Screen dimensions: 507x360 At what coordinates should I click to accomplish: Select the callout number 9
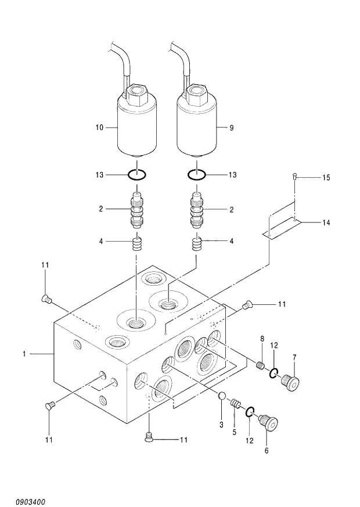coord(231,127)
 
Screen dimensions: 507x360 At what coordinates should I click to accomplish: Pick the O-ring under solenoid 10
coord(137,174)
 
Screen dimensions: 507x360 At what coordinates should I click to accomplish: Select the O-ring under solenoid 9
coord(197,174)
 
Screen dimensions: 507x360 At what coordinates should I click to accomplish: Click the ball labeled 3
coord(221,397)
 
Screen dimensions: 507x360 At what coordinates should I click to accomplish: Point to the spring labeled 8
coord(261,365)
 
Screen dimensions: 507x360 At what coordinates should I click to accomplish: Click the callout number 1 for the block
coord(24,353)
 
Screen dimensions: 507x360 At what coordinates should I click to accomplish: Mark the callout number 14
coord(326,222)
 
